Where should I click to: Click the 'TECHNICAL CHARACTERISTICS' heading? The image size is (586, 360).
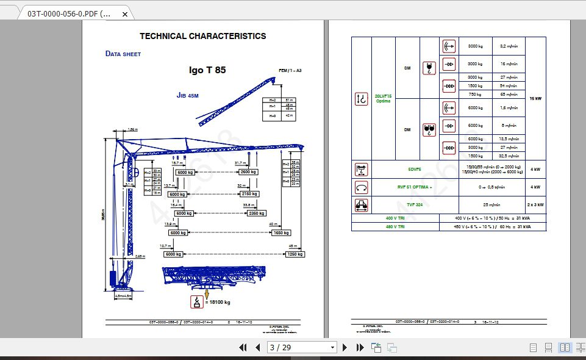tap(202, 36)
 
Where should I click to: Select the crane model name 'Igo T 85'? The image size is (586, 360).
tap(207, 70)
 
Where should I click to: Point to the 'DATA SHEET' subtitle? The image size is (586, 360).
tap(123, 54)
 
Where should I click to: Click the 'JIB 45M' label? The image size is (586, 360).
tap(188, 96)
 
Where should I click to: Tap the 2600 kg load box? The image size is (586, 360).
tap(248, 172)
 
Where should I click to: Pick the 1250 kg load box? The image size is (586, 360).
tap(295, 254)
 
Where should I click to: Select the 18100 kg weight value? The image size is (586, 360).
tap(218, 301)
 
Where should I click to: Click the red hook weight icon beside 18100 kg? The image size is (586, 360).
tap(197, 301)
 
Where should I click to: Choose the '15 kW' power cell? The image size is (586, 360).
tap(535, 98)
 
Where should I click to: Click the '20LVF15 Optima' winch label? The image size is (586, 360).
tap(383, 98)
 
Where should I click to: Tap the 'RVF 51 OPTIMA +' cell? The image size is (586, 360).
tap(415, 187)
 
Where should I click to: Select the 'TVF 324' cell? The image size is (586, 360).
tap(415, 205)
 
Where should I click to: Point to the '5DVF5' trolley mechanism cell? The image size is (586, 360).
tap(415, 169)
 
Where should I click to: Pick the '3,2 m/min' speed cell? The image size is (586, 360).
tap(509, 46)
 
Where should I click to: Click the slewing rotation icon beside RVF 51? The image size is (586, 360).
tap(362, 187)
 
